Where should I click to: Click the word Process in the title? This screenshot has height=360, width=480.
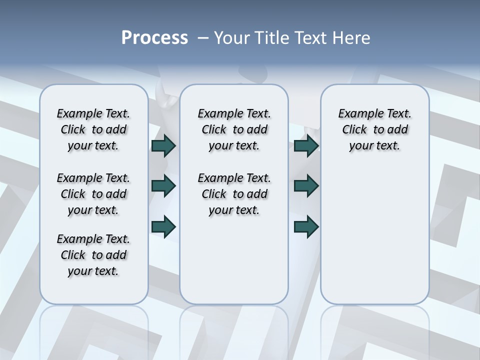click(154, 38)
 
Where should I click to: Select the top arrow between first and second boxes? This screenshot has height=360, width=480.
click(163, 146)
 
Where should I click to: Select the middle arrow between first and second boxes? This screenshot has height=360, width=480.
click(163, 186)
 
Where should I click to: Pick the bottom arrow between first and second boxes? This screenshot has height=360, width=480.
click(163, 226)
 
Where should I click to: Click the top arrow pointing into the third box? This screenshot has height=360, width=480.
click(306, 146)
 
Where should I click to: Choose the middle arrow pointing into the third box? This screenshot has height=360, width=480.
click(306, 186)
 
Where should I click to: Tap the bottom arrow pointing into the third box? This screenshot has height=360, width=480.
click(306, 226)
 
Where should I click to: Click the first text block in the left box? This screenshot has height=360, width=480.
click(93, 129)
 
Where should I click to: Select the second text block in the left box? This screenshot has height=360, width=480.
click(93, 194)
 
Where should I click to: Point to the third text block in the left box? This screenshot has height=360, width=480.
click(93, 255)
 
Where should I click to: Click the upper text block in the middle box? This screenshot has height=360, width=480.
click(234, 129)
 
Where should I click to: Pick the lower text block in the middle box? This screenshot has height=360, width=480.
click(234, 194)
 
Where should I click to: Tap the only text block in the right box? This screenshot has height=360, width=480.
click(374, 129)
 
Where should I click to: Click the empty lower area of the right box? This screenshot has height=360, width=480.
click(374, 235)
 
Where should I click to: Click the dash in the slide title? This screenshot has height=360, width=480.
click(203, 38)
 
